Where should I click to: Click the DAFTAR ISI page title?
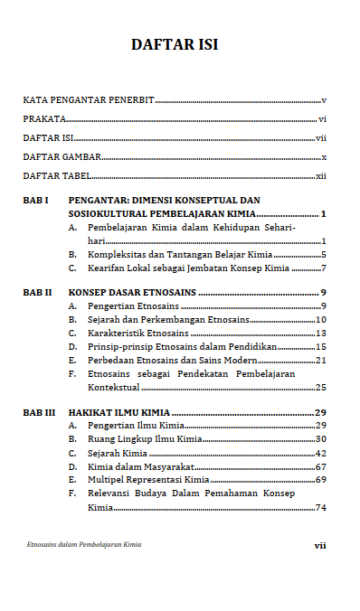point(175,44)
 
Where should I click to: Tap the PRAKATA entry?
point(44,119)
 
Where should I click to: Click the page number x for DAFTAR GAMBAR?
point(323,157)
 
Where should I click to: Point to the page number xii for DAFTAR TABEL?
point(320,176)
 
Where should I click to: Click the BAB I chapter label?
point(35,200)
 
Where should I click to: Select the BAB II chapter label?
point(37,293)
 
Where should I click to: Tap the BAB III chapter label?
point(39,412)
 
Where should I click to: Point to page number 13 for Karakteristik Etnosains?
point(320,334)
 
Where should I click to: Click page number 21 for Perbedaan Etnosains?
point(320,360)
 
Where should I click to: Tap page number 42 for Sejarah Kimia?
point(320,453)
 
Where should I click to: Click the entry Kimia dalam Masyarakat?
point(130,466)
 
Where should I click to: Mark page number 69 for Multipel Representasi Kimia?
point(320,480)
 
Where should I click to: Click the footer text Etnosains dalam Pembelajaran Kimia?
point(84,545)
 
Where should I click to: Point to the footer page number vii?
point(319,545)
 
